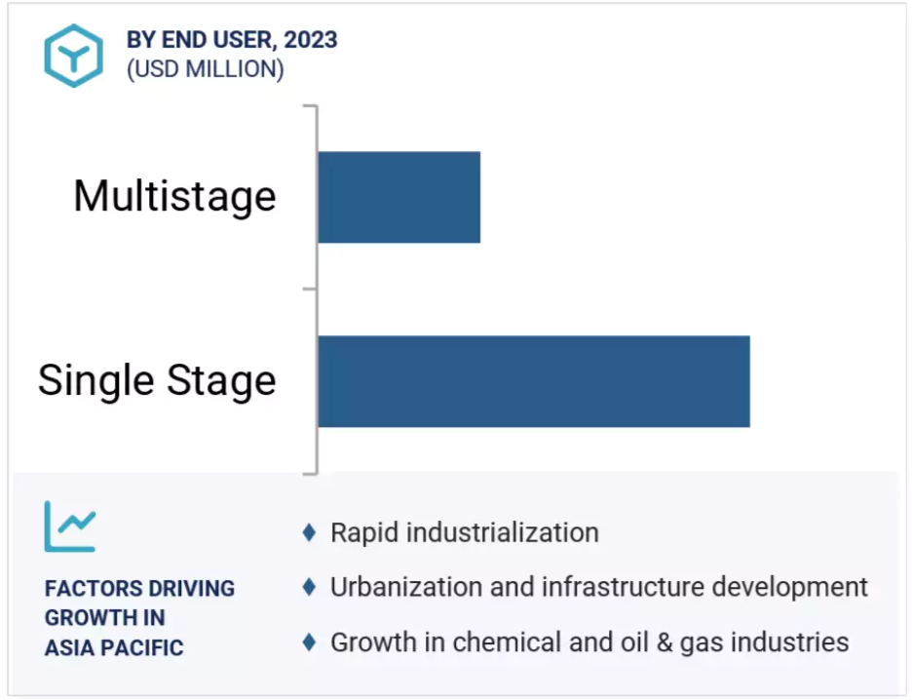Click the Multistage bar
399,197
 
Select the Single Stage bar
534,381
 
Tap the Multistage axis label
174,197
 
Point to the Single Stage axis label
157,380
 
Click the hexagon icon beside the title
74,56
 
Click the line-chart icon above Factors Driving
70,526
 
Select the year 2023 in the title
311,40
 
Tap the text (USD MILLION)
206,69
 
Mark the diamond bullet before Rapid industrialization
310,532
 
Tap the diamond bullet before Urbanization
310,587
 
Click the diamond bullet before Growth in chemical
310,642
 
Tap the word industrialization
503,532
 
